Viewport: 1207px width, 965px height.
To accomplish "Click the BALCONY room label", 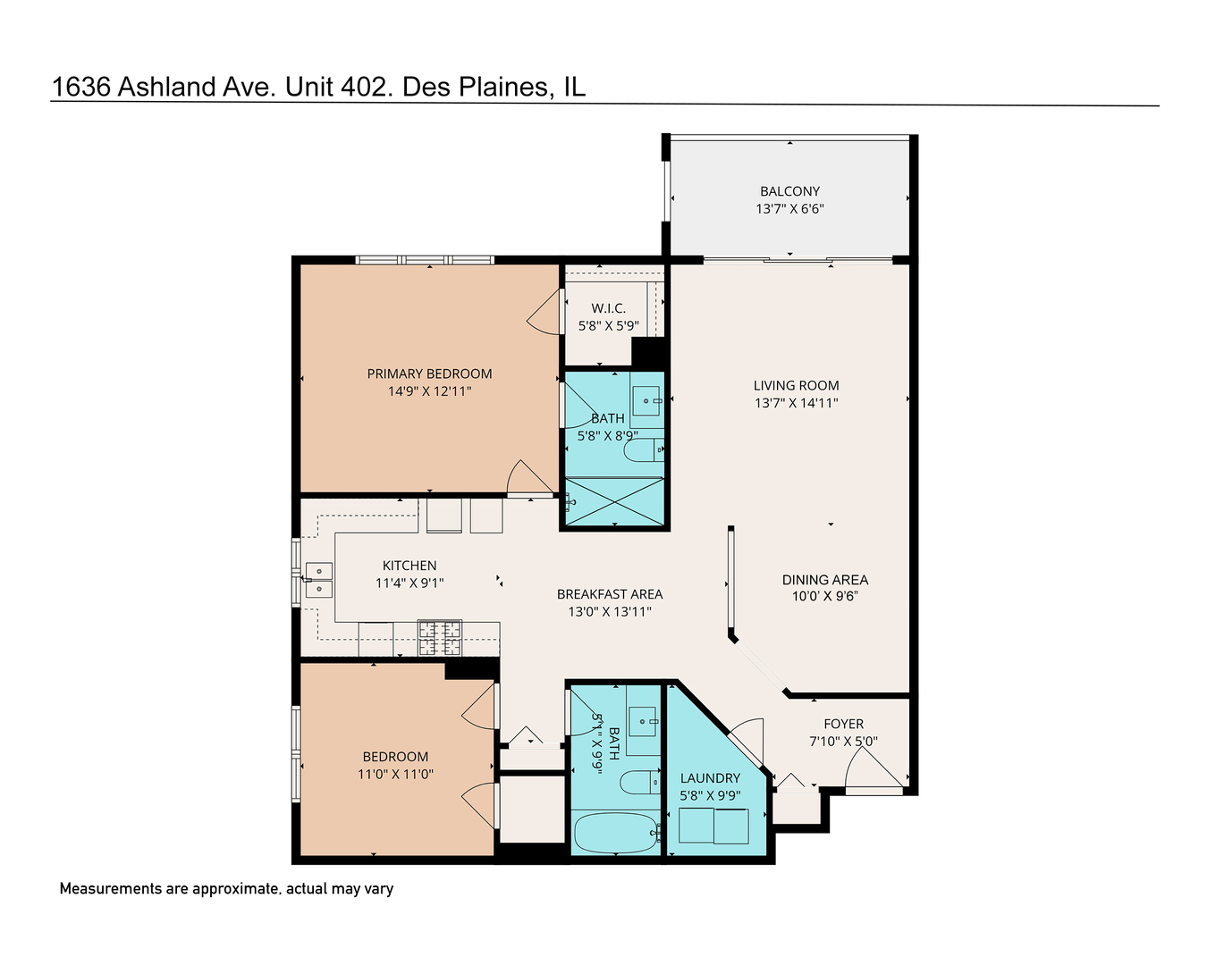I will click(789, 191).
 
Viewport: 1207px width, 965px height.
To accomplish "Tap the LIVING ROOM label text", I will click(796, 386).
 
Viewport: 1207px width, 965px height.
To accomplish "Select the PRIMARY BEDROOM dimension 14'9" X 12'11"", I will click(429, 391).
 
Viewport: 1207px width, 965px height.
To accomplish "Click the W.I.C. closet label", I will click(608, 308).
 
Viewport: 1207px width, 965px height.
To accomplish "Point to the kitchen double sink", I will click(318, 580).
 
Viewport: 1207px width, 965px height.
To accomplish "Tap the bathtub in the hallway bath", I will click(614, 834).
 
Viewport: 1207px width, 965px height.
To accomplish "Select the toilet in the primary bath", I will click(643, 450).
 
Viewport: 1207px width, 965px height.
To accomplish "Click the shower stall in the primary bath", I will click(615, 501).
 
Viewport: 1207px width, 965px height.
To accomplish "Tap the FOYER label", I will click(843, 724).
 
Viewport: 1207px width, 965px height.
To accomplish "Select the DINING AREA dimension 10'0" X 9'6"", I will click(824, 597).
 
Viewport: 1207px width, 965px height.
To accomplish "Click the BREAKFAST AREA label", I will click(610, 594).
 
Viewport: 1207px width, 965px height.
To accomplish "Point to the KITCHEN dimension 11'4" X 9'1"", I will click(409, 583).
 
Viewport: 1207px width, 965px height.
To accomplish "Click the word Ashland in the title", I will click(167, 87).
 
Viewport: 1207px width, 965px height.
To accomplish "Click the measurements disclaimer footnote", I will click(226, 889).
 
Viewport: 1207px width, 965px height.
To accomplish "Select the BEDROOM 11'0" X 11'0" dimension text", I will click(395, 775).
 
